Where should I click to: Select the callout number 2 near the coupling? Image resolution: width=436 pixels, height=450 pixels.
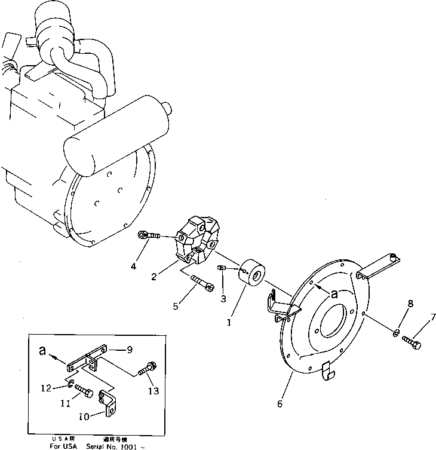[x=155, y=277]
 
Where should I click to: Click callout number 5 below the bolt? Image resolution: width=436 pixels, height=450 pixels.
[x=175, y=307]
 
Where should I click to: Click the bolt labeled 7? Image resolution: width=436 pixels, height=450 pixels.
[x=412, y=342]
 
